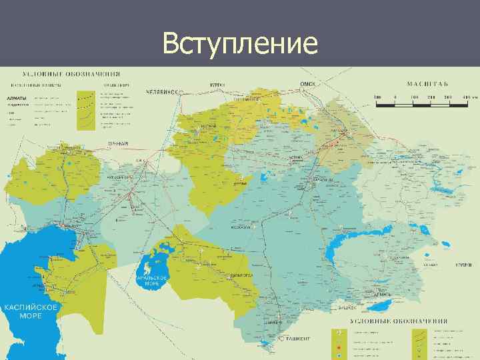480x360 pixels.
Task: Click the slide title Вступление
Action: tap(240, 44)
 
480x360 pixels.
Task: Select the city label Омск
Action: tap(307, 83)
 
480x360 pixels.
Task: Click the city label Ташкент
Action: tap(298, 339)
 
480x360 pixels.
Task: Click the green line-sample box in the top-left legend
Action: tap(87, 110)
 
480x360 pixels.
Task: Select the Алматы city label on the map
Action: tap(384, 293)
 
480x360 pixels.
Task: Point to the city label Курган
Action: tap(216, 85)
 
